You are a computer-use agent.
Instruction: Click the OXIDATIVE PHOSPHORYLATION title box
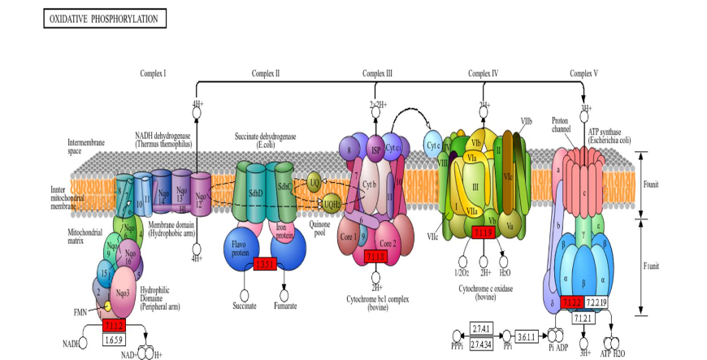105,18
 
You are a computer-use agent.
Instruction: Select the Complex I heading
153,74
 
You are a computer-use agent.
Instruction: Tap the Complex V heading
583,74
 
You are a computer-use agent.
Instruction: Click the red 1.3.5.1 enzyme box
265,265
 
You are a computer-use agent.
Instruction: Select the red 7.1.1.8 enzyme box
376,258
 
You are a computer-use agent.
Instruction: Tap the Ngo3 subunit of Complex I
123,292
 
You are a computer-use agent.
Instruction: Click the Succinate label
243,306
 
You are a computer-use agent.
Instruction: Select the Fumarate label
284,306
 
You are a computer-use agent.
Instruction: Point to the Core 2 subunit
388,243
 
